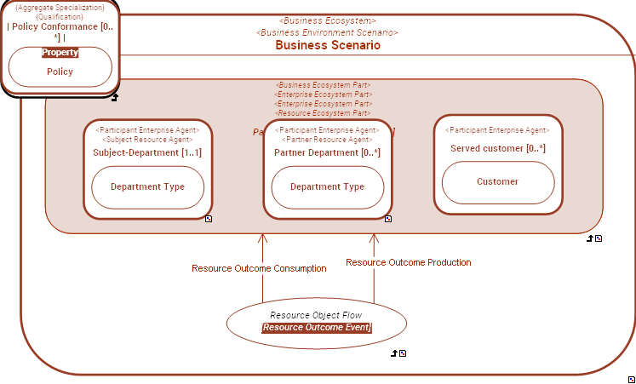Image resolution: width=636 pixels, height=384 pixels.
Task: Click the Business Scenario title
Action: point(328,45)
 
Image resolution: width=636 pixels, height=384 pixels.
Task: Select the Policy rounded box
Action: point(60,72)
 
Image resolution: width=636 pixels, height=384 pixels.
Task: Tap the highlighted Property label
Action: point(60,52)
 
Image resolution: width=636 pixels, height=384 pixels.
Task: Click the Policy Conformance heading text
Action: point(60,26)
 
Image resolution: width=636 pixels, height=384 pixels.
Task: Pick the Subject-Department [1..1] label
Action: point(147,152)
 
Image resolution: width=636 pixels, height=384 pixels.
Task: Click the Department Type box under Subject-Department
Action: point(149,187)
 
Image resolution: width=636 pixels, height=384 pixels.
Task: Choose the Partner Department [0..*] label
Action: point(327,152)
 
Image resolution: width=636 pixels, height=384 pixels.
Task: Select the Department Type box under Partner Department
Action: point(327,187)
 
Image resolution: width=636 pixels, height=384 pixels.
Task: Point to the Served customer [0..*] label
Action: point(497,148)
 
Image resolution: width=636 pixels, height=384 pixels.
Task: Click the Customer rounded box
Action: point(497,181)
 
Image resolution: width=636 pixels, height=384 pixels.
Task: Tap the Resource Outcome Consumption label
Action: point(259,268)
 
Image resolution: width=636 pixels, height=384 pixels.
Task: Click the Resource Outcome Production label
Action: point(409,262)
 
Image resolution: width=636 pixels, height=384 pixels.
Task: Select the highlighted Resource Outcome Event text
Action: point(317,327)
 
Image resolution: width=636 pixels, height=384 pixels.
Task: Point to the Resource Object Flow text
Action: point(317,315)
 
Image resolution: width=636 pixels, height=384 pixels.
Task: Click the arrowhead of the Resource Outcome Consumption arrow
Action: point(263,239)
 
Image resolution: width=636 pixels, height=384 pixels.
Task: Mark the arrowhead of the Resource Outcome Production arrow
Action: point(374,239)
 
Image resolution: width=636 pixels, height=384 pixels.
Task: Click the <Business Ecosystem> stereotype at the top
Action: point(328,20)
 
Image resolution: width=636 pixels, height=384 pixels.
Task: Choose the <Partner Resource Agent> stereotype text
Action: point(327,139)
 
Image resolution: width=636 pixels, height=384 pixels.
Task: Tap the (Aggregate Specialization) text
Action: point(60,7)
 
